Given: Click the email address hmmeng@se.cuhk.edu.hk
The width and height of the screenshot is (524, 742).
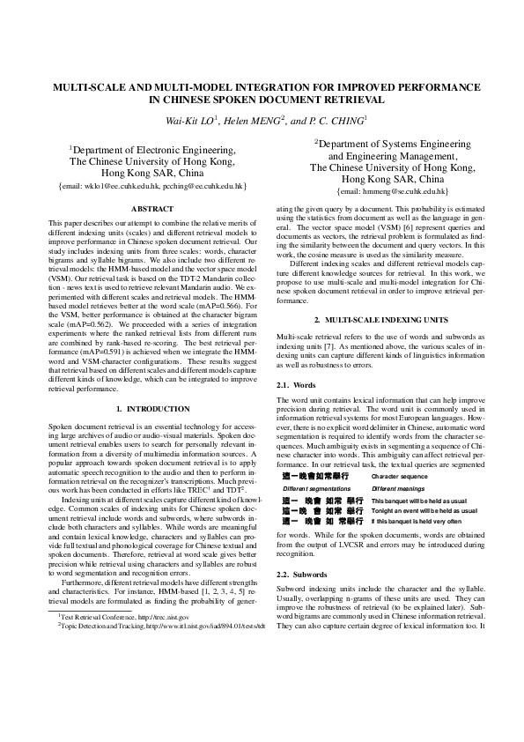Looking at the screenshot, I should coord(381,191).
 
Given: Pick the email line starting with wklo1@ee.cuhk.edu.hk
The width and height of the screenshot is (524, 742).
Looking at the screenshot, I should coord(151,187).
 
